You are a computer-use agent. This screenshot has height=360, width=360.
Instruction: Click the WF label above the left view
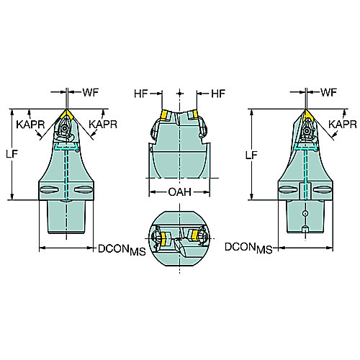coord(91,92)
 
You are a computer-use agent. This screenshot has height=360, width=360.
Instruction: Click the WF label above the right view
coord(328,92)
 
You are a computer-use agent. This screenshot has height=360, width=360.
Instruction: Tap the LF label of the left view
coord(12,154)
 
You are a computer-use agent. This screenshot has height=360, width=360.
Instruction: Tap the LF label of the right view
coord(251,156)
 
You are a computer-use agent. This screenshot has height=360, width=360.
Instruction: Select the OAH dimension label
coord(180,192)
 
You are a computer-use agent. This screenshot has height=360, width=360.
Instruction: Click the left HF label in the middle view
coord(141,94)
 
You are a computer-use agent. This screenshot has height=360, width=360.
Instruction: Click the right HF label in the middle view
coord(218,94)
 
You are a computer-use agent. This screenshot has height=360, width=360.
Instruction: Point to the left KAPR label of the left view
coord(30,125)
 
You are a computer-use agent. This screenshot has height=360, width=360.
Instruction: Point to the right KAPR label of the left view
coord(103,125)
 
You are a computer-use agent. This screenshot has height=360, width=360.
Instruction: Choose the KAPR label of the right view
coord(343,125)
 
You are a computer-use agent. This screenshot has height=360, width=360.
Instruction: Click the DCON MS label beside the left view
coord(122,250)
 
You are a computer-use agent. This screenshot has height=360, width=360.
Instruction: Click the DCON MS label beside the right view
coord(248,248)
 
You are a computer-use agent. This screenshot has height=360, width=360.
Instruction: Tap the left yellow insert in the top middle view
coord(164,115)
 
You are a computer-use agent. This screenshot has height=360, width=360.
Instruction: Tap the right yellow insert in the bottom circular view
coord(194,235)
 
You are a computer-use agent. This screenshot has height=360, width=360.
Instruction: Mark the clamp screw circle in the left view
coord(64,128)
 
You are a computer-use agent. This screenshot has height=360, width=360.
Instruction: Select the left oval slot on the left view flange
coord(49,189)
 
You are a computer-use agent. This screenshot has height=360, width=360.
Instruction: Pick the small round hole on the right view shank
coord(305,213)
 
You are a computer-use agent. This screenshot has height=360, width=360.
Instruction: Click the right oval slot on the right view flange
coord(323,189)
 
